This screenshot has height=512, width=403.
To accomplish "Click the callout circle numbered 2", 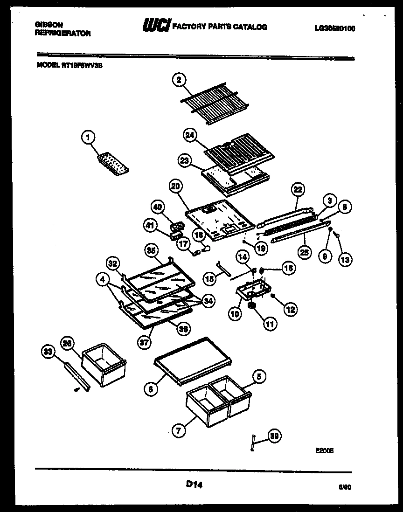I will point(178,80).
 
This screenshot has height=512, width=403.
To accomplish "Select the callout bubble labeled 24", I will point(189,136).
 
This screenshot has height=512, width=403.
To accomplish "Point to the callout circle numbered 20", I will point(175,187).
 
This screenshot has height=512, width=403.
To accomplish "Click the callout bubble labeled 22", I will point(297,189).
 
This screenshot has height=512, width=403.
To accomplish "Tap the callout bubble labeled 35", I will point(150,250).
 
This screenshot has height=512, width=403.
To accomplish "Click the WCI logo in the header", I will point(156,27).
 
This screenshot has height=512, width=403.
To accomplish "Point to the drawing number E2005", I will point(325,450).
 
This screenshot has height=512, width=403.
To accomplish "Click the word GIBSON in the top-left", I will point(49,24).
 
